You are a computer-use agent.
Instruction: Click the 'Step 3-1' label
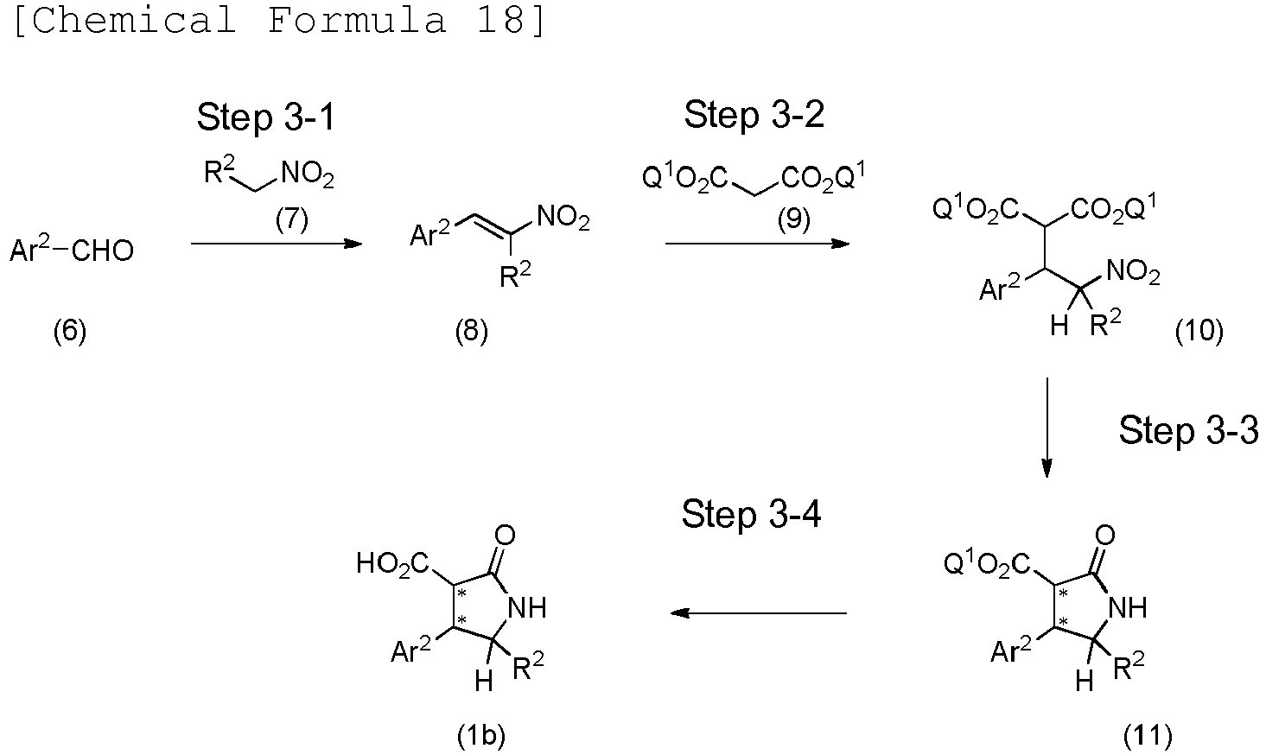(265, 117)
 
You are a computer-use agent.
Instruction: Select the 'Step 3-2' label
(754, 114)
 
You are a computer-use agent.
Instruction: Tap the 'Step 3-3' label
(1188, 429)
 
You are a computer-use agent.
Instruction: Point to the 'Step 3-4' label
(751, 514)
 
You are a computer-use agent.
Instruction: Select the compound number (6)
(70, 331)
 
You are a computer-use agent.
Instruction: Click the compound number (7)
(291, 219)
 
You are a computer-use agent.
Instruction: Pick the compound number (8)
(471, 331)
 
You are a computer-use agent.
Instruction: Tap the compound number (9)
(793, 219)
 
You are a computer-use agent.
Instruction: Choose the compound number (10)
(1199, 331)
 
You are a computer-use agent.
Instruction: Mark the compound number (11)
(1148, 735)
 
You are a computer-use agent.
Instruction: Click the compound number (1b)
(480, 735)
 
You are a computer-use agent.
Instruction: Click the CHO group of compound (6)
(102, 251)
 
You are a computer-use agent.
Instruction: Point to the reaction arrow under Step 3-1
(276, 244)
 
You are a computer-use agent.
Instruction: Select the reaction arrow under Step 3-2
(757, 244)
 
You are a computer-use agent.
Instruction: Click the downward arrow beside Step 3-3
(1047, 427)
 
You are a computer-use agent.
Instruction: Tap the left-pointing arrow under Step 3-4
(759, 613)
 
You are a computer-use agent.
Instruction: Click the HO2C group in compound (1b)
(392, 565)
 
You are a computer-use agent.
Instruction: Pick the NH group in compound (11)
(1127, 608)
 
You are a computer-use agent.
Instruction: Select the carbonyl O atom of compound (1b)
(505, 535)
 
